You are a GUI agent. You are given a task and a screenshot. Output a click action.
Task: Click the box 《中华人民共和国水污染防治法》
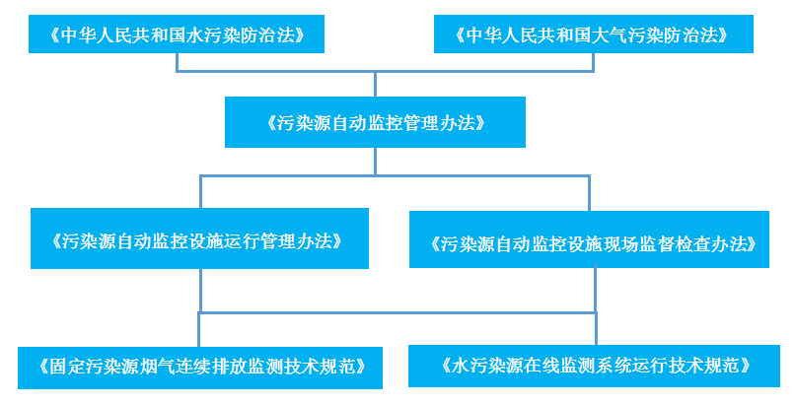[177, 35]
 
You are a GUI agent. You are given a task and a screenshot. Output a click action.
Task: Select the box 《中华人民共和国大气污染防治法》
[593, 35]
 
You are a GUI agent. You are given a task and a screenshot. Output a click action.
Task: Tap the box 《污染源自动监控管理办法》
[375, 122]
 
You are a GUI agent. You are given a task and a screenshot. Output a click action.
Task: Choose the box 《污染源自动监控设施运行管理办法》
[200, 238]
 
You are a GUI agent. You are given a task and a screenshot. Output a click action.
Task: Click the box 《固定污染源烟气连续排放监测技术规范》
[200, 367]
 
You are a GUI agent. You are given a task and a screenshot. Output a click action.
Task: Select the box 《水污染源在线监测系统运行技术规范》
[596, 366]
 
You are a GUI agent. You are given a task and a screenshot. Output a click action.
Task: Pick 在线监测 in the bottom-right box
[570, 367]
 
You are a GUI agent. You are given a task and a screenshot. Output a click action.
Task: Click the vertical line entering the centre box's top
[375, 84]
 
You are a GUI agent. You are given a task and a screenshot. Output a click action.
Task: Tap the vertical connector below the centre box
[375, 162]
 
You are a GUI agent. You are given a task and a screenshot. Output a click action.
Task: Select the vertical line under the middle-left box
[200, 292]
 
